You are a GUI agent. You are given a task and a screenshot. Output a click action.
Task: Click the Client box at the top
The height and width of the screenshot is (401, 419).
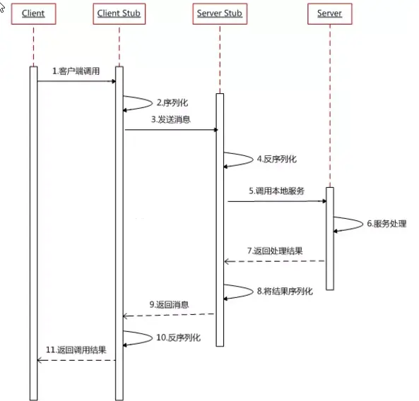pos(33,13)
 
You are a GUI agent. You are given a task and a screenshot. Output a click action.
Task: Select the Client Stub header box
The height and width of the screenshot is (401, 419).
pos(119,13)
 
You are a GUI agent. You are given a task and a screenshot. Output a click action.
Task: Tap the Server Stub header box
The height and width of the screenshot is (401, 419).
pos(219,13)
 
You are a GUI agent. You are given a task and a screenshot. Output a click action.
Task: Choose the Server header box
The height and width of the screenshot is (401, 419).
pos(329,13)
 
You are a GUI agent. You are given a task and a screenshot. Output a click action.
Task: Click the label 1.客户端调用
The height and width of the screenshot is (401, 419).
pos(76,72)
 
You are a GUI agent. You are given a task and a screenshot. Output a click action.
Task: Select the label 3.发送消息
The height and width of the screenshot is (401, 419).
pos(170,119)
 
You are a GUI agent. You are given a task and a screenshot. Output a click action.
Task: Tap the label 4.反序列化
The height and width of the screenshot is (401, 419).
pos(276,159)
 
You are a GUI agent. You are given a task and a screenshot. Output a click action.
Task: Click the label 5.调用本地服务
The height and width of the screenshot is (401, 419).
pos(276,191)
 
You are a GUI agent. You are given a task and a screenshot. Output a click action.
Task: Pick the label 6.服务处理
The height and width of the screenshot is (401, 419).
pos(386,224)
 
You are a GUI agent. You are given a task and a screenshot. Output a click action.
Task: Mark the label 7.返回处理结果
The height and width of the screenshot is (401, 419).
pos(276,251)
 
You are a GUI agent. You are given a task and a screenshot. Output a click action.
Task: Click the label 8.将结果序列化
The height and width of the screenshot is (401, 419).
pos(285,290)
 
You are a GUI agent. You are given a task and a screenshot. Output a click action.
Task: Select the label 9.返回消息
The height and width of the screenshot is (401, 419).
pos(170,304)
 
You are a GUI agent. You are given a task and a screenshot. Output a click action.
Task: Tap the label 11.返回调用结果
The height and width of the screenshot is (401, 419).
pos(76,349)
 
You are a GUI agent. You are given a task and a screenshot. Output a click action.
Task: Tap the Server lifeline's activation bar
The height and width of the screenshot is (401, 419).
pos(329,239)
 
